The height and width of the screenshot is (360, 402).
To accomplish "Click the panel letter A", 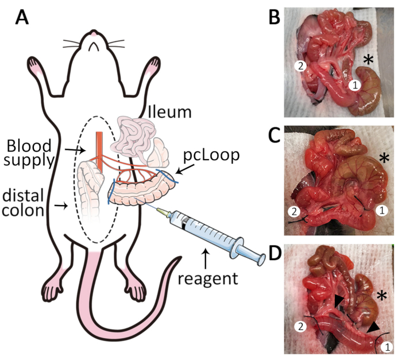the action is (x=22, y=18).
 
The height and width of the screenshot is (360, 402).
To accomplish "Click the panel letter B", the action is (x=274, y=18).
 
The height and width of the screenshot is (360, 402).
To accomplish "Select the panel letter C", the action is (x=275, y=136).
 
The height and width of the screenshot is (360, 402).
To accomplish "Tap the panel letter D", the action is (x=275, y=254).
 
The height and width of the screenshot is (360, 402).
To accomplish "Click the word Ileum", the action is (x=170, y=112).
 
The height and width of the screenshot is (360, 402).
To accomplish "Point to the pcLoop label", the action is (x=211, y=155).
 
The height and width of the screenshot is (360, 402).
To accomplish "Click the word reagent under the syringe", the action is (x=208, y=278).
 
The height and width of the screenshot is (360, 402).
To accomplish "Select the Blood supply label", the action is (x=29, y=153).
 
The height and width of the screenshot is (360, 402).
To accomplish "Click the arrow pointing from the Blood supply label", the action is (x=75, y=150).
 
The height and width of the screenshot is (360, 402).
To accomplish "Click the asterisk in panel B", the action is (x=368, y=60).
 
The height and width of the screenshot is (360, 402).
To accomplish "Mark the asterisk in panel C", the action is (x=384, y=158).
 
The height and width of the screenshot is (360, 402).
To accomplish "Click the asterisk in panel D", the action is (x=382, y=296).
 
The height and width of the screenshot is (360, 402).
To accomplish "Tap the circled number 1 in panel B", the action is (x=355, y=86).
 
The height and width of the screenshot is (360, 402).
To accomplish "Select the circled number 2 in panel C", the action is (x=294, y=211).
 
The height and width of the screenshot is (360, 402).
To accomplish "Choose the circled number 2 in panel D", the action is (x=300, y=326).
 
